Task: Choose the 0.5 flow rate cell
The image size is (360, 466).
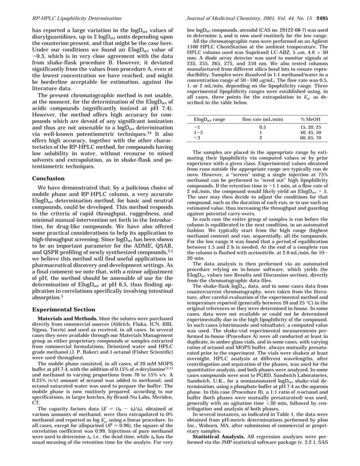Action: click(261, 128)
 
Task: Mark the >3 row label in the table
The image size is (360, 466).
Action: click(196, 138)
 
